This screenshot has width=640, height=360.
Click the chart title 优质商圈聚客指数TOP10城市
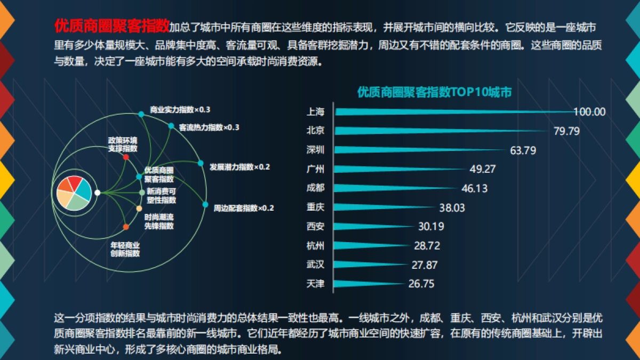434,92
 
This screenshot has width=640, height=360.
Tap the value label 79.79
566,131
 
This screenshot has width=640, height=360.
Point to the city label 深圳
316,150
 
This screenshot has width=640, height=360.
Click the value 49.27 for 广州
483,169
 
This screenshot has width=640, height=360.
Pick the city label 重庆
316,207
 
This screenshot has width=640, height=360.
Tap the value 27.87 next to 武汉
425,265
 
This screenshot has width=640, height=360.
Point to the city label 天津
316,284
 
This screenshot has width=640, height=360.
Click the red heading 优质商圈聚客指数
111,26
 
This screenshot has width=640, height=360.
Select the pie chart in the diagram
74,193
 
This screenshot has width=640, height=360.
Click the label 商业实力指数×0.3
180,110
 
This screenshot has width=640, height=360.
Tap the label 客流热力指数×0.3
209,127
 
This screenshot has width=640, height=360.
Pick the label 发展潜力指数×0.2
239,167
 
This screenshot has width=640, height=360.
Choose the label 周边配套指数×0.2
243,208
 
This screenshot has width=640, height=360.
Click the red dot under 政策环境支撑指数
126,157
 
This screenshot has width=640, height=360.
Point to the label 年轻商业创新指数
125,249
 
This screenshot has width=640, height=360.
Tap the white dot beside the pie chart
97,193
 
